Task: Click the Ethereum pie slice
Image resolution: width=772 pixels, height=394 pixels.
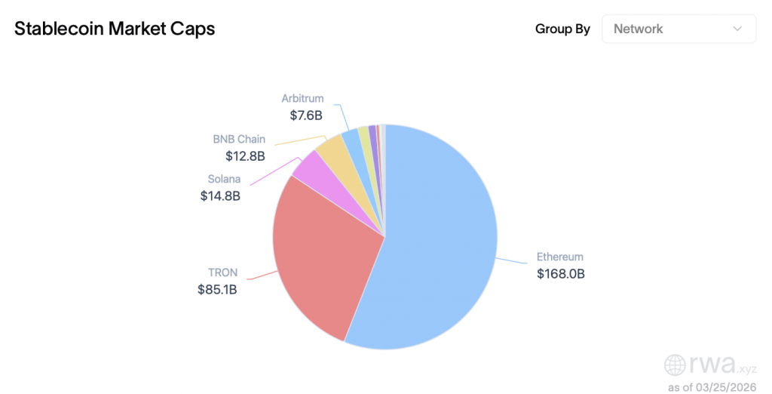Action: coord(441,242)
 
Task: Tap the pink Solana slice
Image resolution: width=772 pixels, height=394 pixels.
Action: coord(308,170)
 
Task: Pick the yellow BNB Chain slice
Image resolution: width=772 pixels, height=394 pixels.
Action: coord(330,150)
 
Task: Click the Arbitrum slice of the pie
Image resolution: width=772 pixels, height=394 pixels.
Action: coord(351,140)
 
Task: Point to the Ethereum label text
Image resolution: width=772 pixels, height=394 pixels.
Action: coord(559,257)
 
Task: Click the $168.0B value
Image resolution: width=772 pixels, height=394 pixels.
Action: coord(560,273)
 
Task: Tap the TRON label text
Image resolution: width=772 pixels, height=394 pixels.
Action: coord(222,272)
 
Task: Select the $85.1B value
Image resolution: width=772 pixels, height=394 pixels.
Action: coord(217,289)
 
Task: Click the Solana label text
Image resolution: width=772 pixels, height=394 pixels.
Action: coord(224,179)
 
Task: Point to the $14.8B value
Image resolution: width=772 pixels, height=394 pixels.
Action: coord(220,195)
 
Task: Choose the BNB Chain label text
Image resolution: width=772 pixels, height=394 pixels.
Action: coord(239,140)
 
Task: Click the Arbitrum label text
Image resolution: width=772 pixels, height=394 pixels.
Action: coord(302,98)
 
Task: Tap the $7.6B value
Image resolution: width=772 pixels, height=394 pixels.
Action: coord(306,115)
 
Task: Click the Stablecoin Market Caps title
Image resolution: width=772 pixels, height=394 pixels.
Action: coord(115,29)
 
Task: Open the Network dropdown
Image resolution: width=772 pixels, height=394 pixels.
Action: coord(679,29)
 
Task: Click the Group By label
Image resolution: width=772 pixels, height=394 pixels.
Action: coord(562,29)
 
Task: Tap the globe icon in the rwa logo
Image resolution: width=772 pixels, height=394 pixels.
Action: coord(675,365)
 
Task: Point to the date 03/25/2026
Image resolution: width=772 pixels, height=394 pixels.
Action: coord(729,387)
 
